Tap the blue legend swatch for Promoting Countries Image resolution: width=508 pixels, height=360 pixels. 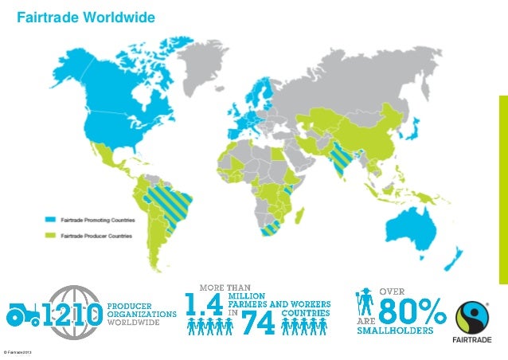49,219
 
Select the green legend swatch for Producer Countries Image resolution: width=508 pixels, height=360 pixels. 49,236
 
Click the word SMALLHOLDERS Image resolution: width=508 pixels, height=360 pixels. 395,327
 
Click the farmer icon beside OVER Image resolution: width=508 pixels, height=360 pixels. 365,303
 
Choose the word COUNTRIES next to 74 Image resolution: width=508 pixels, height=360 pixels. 305,312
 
